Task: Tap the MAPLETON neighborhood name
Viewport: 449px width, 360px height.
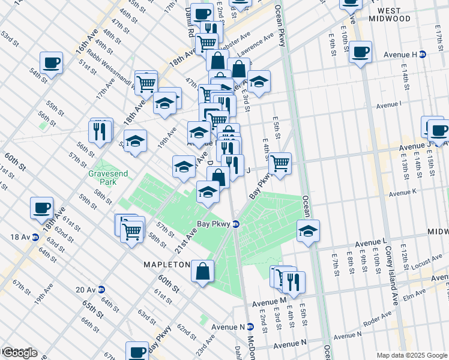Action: click(166, 264)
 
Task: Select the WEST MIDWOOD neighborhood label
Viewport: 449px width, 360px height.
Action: click(394, 14)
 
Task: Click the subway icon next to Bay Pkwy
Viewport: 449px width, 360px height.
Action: click(237, 224)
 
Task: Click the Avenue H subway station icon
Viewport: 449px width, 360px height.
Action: click(422, 55)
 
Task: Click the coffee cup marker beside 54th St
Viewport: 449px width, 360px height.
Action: click(51, 62)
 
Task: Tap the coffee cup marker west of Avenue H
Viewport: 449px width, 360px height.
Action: click(360, 52)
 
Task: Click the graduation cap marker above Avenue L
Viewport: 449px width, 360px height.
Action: click(308, 230)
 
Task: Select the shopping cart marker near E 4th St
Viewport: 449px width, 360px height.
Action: click(280, 162)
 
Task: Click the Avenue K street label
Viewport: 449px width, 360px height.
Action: click(402, 194)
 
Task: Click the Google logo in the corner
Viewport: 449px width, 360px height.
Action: click(19, 352)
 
